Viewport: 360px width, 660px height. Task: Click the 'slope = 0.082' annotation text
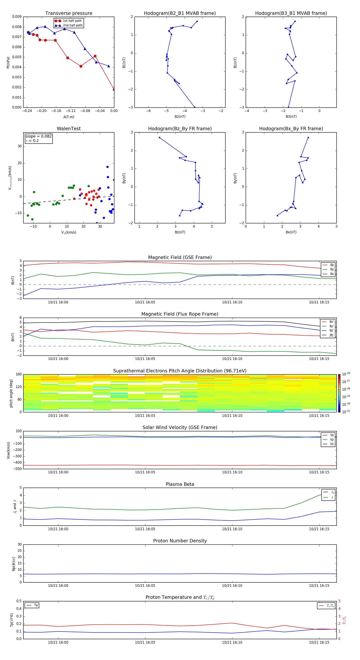[x=38, y=136]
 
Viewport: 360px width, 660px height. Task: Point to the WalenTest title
[x=69, y=129]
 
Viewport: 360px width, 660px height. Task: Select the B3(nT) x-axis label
[x=291, y=117]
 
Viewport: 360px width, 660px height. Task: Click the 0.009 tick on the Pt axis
[x=17, y=17]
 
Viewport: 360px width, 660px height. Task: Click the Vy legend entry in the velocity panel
[x=332, y=439]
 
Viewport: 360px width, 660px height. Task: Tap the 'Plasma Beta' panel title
[x=180, y=484]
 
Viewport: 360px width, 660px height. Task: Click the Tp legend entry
[x=36, y=605]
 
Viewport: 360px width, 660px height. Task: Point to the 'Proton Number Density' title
[x=180, y=541]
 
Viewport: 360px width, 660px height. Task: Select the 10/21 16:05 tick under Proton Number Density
[x=145, y=585]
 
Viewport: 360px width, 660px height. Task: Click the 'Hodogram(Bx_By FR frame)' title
[x=291, y=129]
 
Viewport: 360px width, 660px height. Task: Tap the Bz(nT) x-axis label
[x=180, y=232]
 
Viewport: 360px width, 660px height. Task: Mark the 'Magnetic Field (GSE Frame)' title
[x=180, y=257]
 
